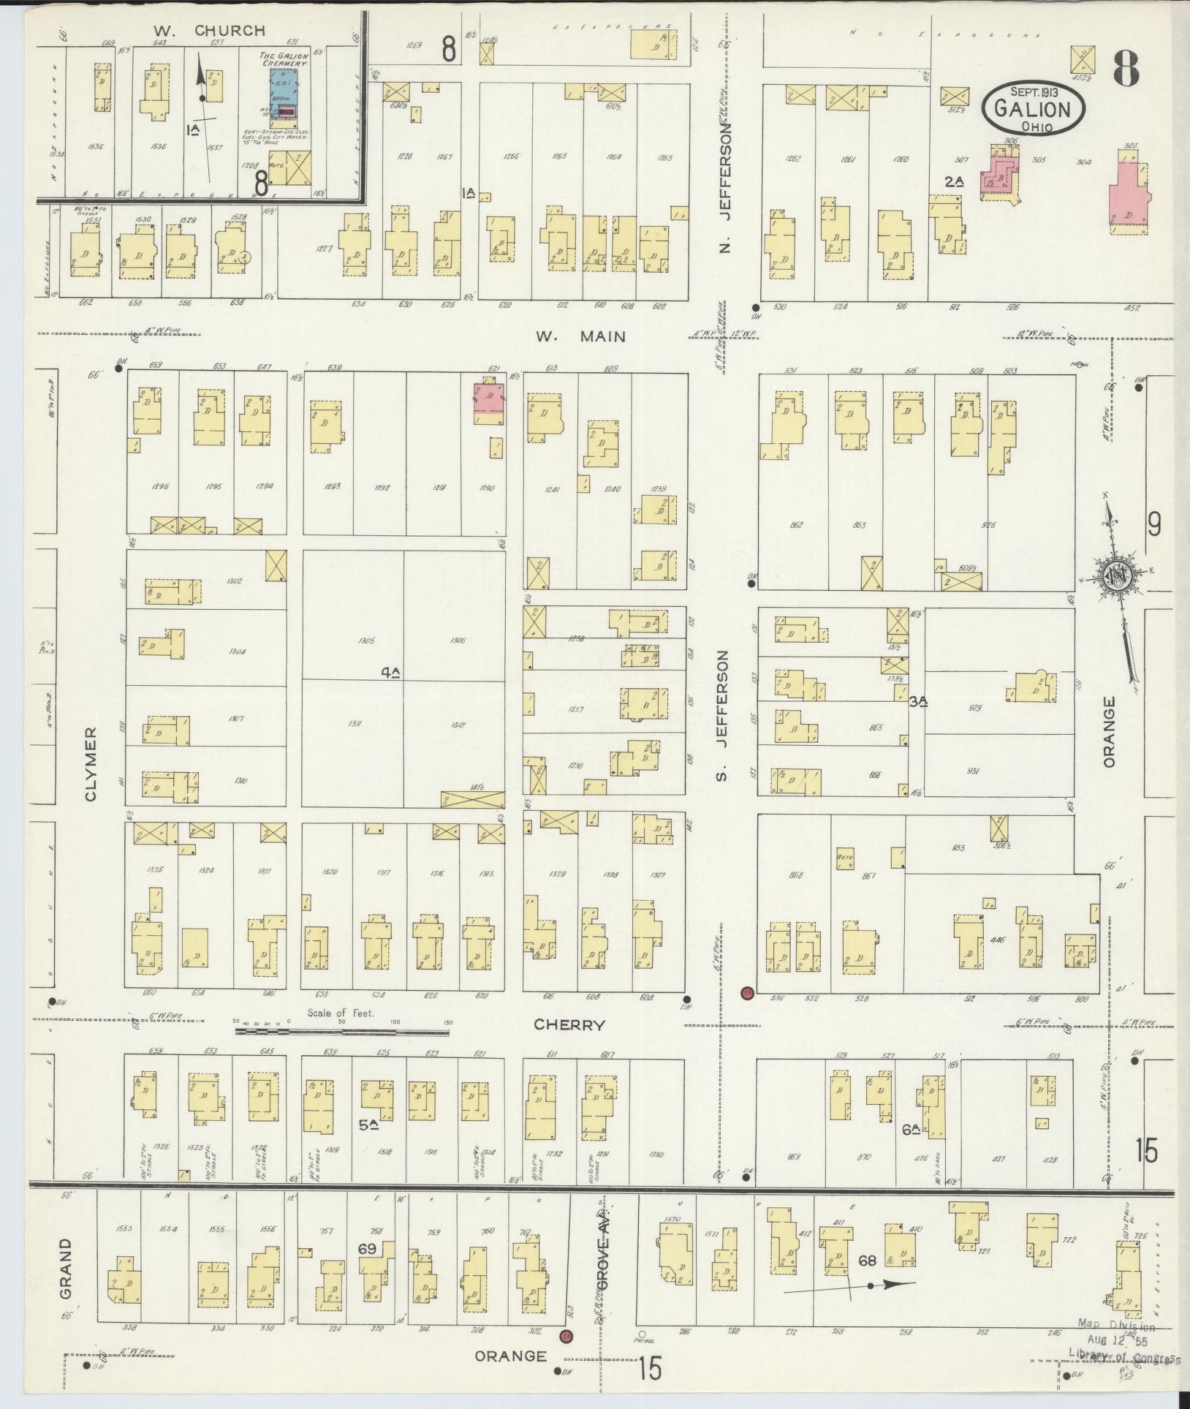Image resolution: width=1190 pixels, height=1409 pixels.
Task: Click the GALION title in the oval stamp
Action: pos(1032,110)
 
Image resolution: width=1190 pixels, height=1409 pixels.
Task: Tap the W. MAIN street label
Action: pos(580,336)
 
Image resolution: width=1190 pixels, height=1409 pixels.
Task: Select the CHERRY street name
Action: pos(569,1024)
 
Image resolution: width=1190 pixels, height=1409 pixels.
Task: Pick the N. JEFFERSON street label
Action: pos(724,189)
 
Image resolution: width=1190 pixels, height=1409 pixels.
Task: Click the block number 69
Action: pos(367,1250)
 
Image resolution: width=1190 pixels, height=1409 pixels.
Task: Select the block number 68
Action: pos(867,1261)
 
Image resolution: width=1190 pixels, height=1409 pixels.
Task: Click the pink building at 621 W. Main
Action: pos(490,401)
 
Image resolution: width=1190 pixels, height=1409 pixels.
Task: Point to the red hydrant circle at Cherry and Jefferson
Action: pos(746,993)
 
